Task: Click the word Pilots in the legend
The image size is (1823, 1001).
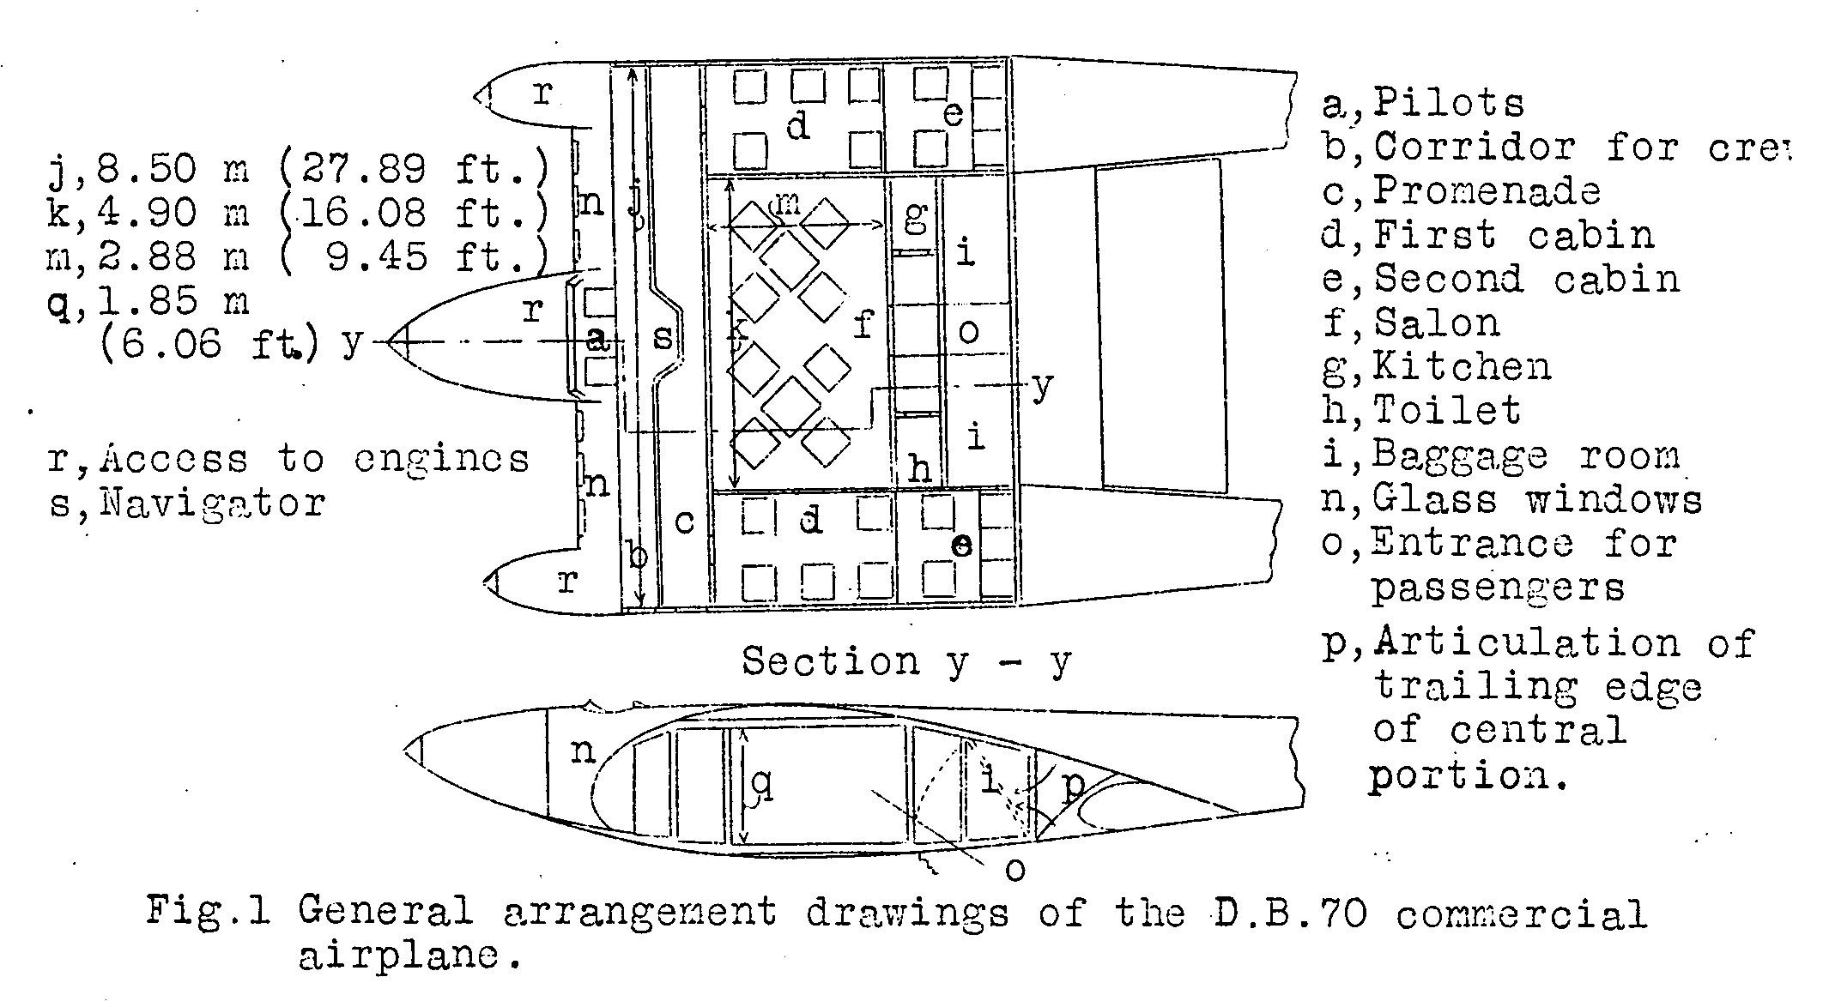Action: tap(1448, 103)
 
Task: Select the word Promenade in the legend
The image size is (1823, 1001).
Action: tap(1487, 190)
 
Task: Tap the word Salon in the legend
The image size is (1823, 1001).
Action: tap(1437, 323)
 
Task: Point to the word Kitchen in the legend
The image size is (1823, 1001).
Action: tap(1462, 367)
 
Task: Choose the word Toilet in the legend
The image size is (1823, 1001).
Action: tap(1447, 410)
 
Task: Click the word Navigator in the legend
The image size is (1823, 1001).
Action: tap(212, 502)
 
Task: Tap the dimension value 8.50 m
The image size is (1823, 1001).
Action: tap(172, 169)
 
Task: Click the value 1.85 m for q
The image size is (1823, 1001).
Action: tap(172, 301)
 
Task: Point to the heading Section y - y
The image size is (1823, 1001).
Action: tap(906, 661)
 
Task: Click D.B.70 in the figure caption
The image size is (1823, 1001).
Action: tap(1290, 912)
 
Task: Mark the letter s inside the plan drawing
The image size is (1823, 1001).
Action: tap(663, 337)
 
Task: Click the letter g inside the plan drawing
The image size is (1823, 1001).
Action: tap(916, 216)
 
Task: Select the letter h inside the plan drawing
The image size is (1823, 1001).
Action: tap(919, 468)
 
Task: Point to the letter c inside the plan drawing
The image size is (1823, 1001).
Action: tap(684, 521)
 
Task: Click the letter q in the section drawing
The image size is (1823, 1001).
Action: tap(761, 785)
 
